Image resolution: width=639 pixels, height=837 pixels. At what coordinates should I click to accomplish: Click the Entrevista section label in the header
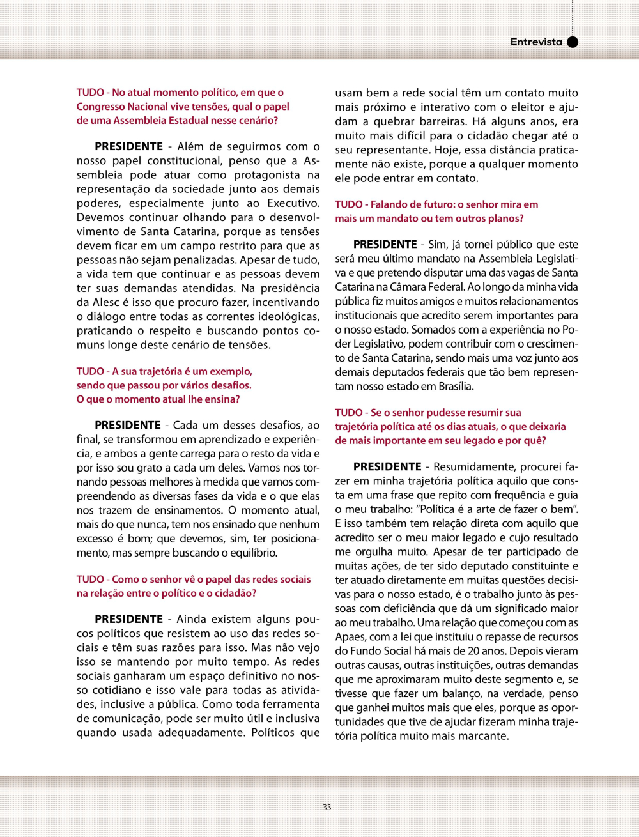(x=535, y=42)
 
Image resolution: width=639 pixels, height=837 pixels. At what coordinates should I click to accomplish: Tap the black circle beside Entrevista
(x=573, y=42)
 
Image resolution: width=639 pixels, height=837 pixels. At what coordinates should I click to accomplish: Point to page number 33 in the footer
(x=327, y=807)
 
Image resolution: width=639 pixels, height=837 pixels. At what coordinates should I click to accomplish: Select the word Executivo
(x=293, y=203)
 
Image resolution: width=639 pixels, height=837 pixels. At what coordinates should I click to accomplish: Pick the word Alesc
(x=106, y=302)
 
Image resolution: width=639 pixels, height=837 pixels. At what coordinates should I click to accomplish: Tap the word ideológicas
(x=286, y=317)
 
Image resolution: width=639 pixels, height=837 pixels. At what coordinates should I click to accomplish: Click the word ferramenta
(x=286, y=704)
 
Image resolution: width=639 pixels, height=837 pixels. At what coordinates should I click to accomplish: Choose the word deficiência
(x=405, y=608)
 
